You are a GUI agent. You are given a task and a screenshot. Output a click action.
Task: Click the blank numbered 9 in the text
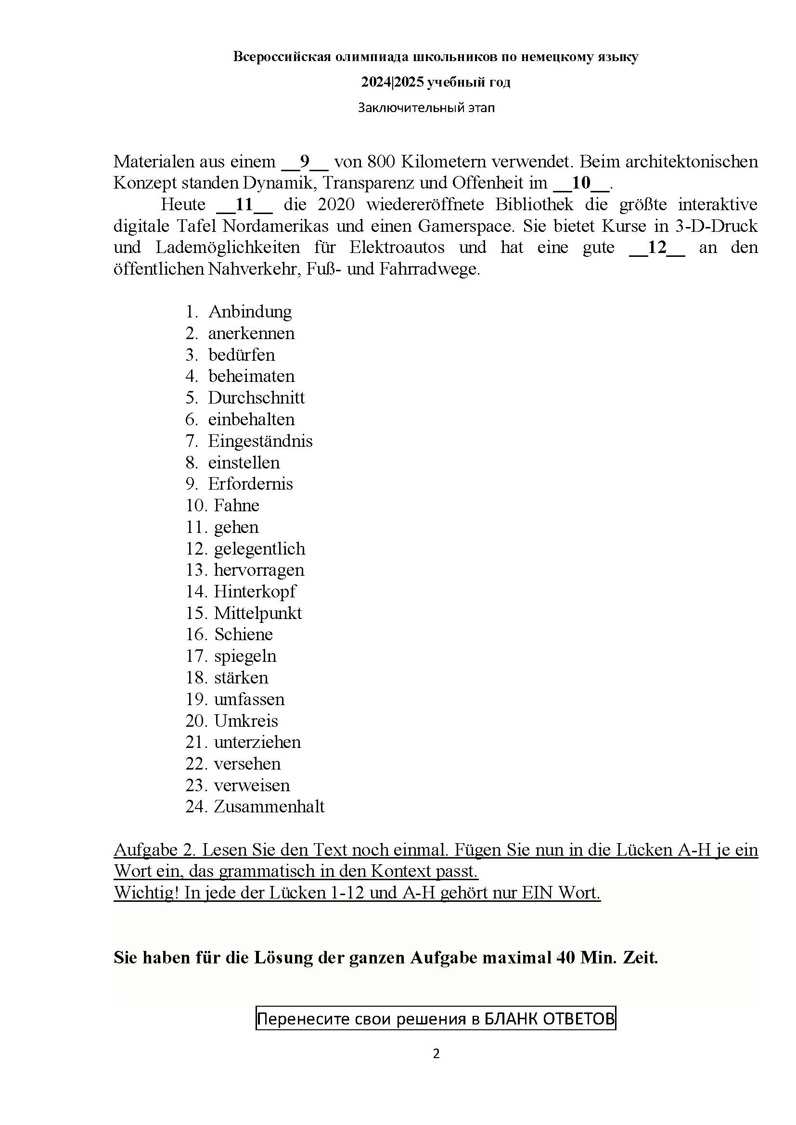pos(304,161)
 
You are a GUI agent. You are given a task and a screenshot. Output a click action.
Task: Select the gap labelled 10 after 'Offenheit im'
pos(581,183)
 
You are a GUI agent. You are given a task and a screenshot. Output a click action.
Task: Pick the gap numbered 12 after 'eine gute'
pos(656,247)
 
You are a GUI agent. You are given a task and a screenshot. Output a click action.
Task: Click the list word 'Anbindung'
pos(250,312)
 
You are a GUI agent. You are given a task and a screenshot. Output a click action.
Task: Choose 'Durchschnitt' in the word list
pos(257,397)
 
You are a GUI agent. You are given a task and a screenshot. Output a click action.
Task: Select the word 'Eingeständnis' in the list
pos(260,441)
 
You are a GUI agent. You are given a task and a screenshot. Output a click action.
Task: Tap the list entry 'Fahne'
pos(237,505)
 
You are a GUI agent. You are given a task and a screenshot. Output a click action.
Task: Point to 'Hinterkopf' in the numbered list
pos(255,592)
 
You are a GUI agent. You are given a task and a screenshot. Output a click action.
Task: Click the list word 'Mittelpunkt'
pos(258,613)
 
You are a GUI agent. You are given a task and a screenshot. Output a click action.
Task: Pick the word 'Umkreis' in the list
pos(246,721)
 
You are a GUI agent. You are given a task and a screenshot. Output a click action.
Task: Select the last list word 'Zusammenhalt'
pos(269,807)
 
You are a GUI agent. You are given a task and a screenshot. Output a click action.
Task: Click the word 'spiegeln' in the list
pos(245,656)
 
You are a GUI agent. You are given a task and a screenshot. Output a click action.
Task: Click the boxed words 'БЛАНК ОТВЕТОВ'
pos(549,1019)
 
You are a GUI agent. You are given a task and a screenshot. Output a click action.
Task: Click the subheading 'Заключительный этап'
pos(426,108)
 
